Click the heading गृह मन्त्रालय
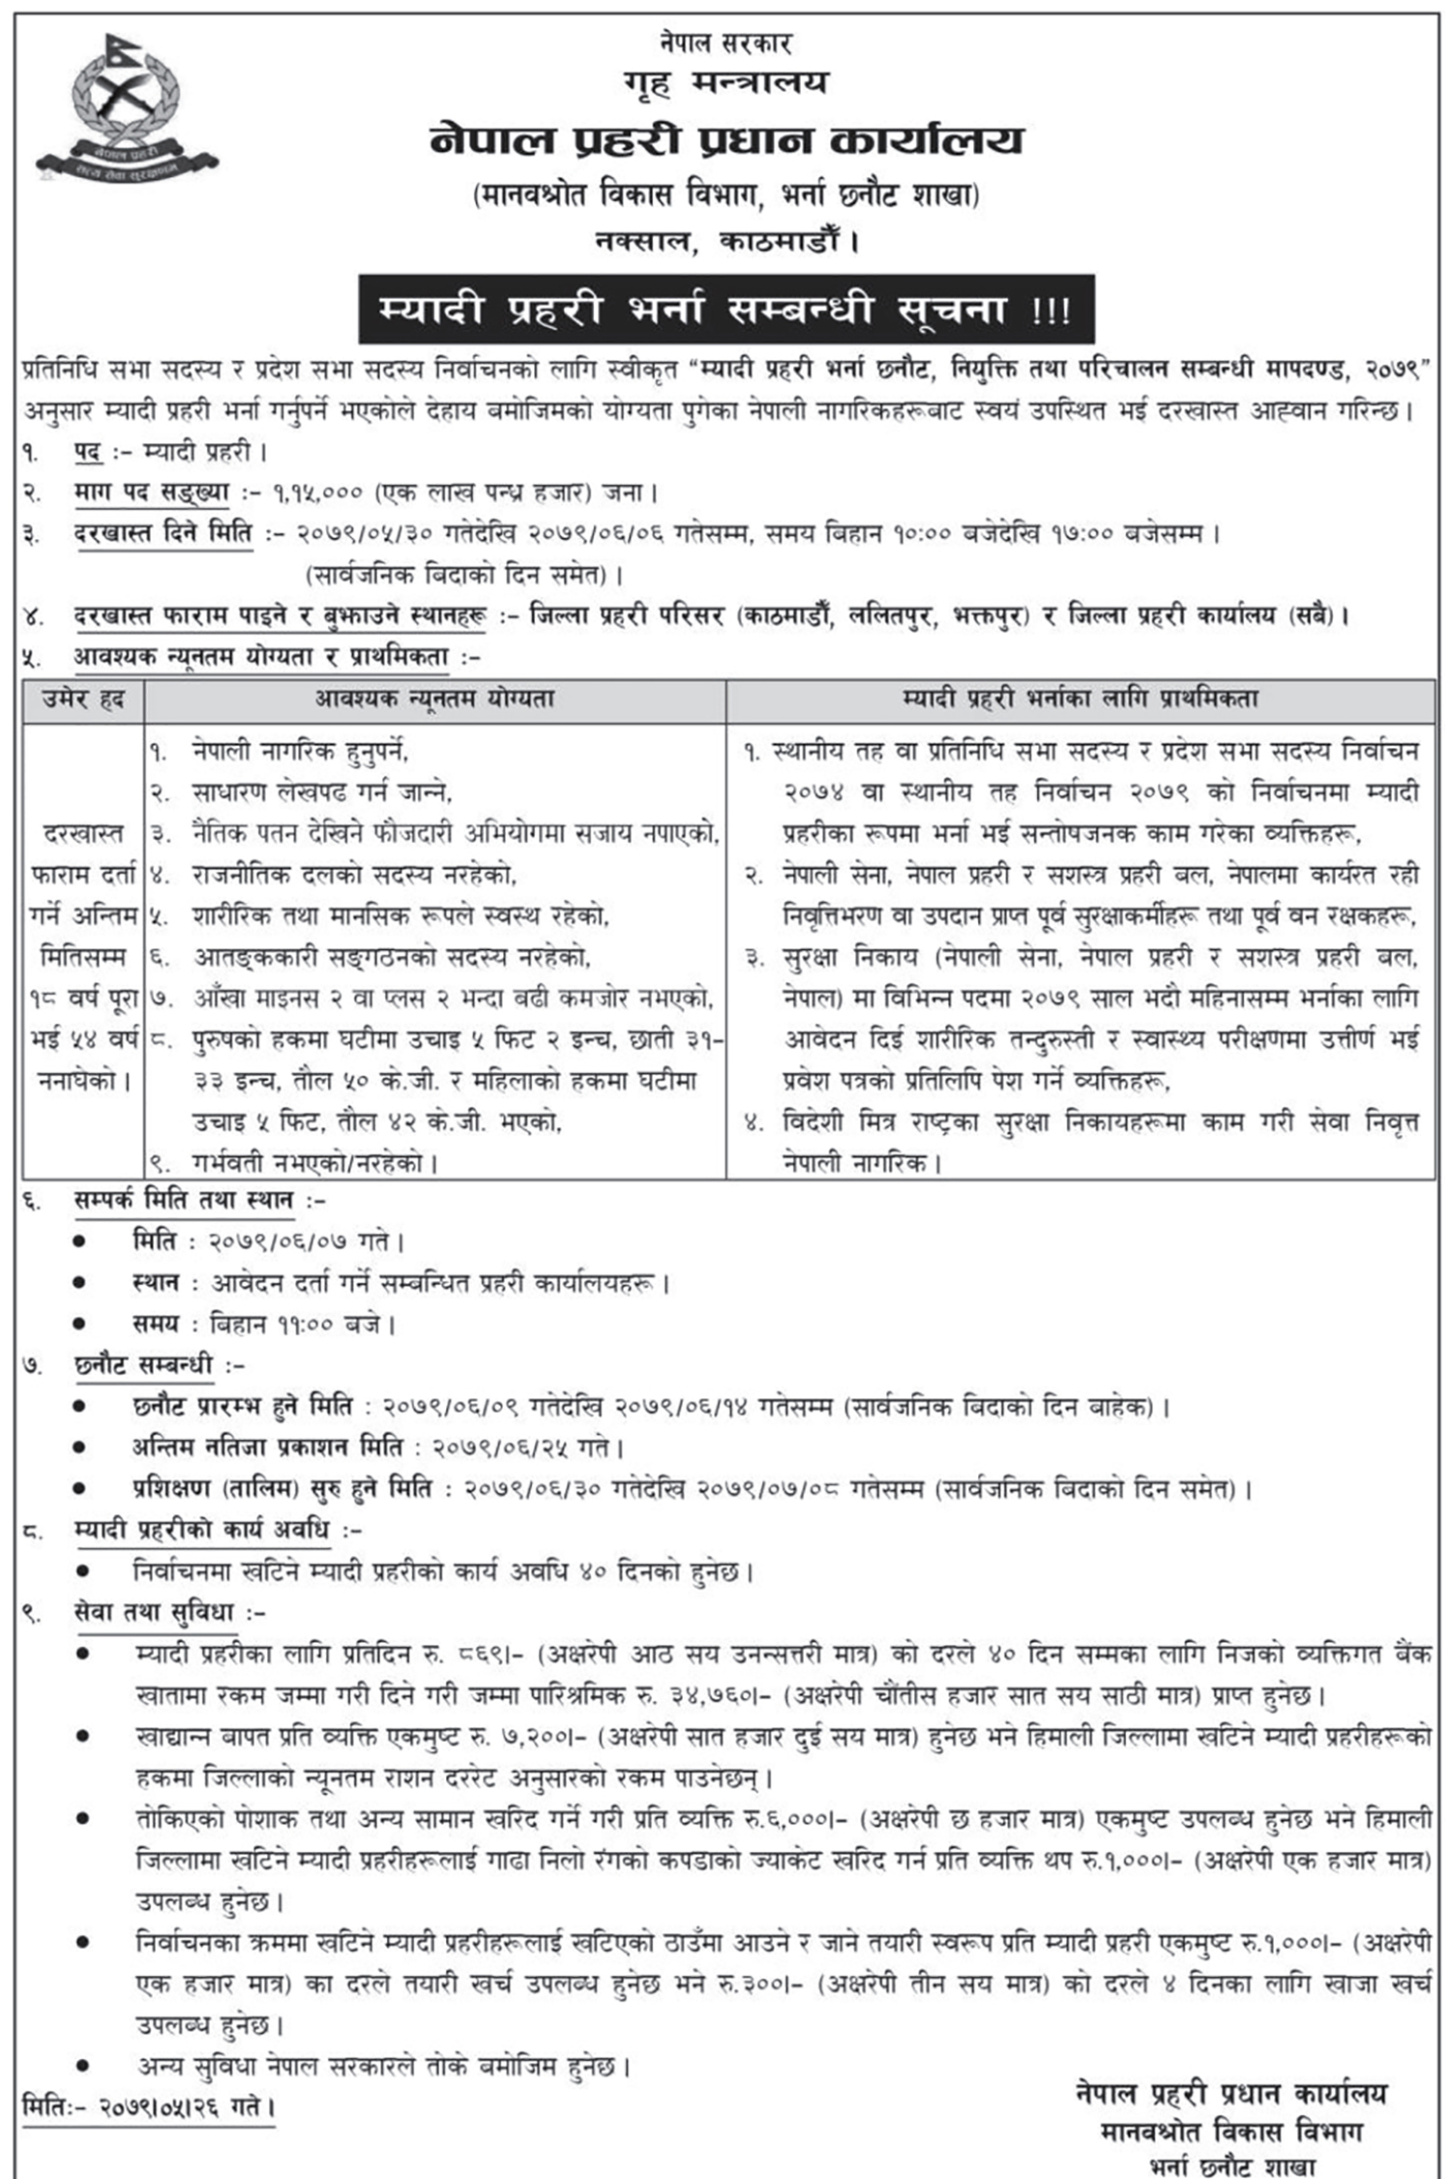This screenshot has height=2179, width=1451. click(x=725, y=84)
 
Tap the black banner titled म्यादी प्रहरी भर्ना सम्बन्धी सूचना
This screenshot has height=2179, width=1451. click(x=726, y=310)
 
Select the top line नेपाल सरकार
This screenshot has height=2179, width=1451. click(x=726, y=44)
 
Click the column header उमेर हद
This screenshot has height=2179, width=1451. click(x=84, y=700)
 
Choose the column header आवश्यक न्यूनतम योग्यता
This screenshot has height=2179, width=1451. click(x=434, y=700)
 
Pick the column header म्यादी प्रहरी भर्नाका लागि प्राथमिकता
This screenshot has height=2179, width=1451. click(x=1080, y=700)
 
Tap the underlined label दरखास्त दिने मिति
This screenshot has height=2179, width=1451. click(x=163, y=533)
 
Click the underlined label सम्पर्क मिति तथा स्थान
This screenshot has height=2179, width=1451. click(x=184, y=1200)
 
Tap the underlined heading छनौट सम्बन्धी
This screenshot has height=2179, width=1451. click(x=143, y=1365)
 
